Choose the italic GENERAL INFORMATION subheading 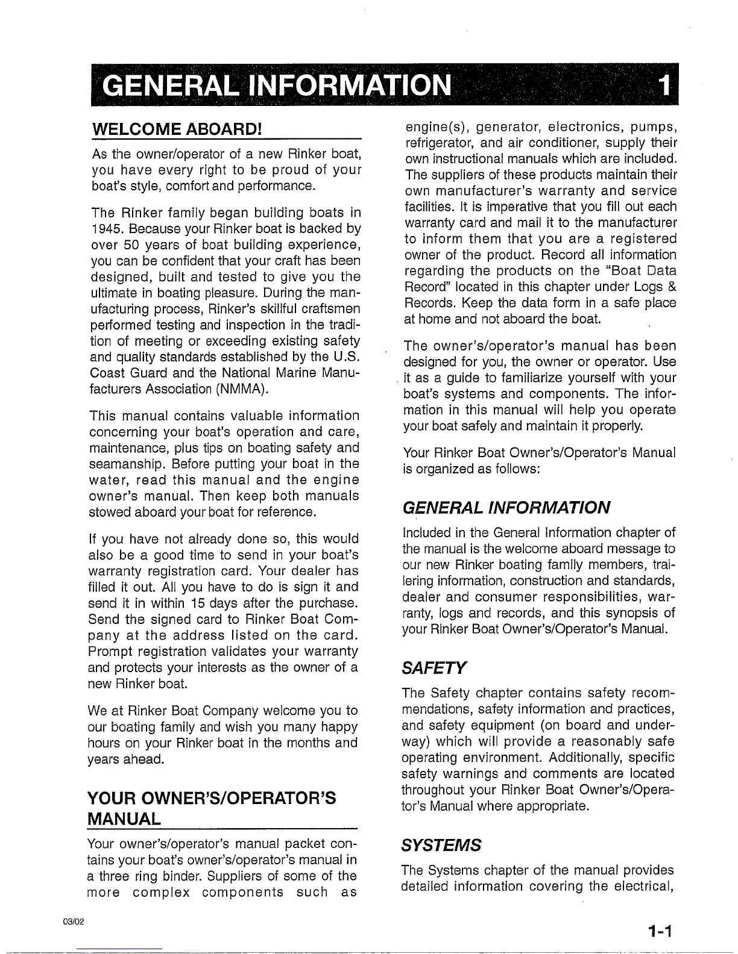506,507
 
